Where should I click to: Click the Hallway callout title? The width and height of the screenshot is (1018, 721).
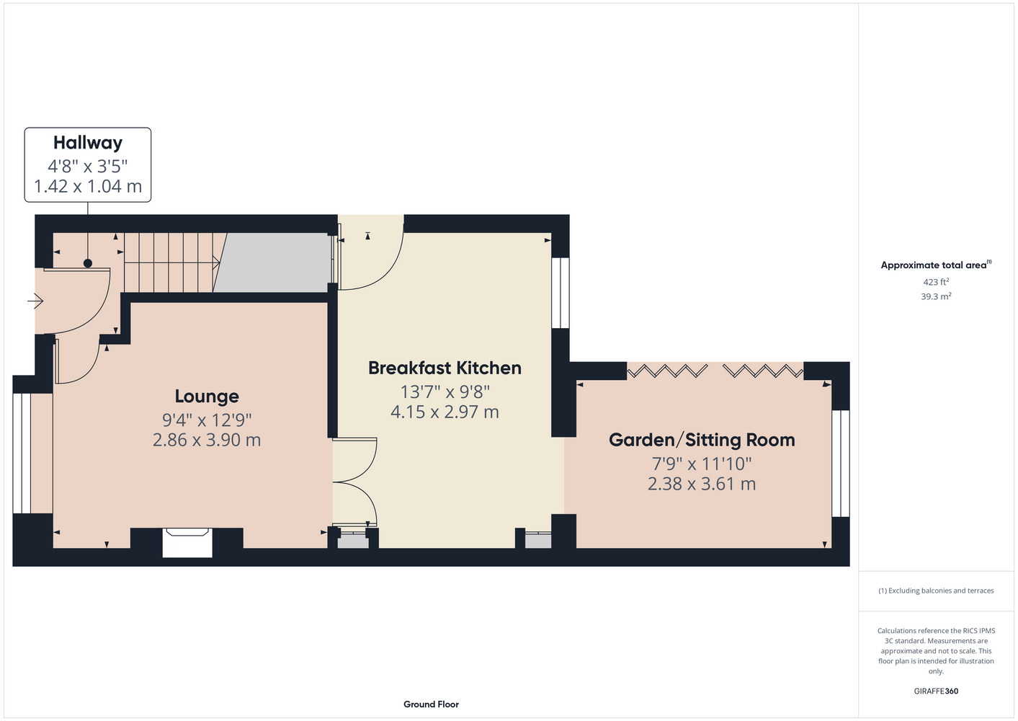click(x=88, y=143)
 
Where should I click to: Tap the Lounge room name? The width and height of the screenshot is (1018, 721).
click(x=207, y=397)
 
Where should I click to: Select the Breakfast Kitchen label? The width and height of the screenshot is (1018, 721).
click(x=445, y=368)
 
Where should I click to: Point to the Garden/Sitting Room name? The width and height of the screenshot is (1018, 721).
click(x=702, y=440)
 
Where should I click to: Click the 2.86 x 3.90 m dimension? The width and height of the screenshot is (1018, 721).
click(x=207, y=440)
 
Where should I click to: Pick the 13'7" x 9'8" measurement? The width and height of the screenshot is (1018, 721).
click(x=445, y=392)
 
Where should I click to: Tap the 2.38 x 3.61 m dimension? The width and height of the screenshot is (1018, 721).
click(x=702, y=484)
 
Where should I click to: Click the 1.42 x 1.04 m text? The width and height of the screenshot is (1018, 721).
click(x=88, y=186)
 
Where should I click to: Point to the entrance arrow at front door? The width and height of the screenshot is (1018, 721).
click(x=35, y=301)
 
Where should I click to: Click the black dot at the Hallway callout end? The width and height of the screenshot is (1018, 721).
click(x=88, y=263)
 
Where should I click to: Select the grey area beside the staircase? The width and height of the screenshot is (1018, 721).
click(x=272, y=262)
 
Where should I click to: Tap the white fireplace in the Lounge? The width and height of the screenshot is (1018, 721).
click(x=187, y=543)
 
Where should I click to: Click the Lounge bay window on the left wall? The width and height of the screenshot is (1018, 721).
click(x=22, y=453)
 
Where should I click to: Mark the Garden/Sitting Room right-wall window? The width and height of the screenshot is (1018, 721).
click(x=841, y=464)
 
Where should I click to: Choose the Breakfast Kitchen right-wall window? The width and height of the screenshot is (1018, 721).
click(x=561, y=293)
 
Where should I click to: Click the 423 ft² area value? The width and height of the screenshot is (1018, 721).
click(x=936, y=282)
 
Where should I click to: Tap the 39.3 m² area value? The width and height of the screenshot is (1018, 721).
click(x=936, y=296)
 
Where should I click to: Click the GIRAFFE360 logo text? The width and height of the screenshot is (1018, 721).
click(x=936, y=691)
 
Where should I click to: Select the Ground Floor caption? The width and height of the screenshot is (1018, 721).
click(x=431, y=704)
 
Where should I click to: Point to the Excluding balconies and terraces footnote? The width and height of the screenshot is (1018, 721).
click(x=936, y=590)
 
